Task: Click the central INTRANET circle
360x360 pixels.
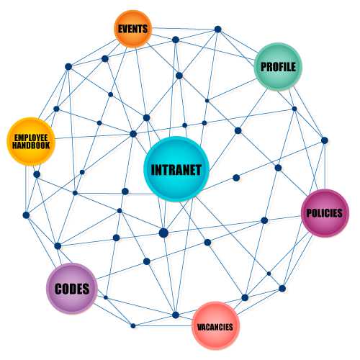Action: point(176,169)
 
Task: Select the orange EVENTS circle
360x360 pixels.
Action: point(132,29)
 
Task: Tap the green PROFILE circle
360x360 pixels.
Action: point(278,67)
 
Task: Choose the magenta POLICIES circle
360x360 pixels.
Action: point(325,213)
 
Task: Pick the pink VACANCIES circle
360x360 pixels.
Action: point(215,325)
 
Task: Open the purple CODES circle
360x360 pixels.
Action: point(72,289)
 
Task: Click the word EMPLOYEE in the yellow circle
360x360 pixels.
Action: point(31,138)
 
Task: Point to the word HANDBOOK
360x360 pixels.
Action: point(31,145)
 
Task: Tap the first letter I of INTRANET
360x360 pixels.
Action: point(153,170)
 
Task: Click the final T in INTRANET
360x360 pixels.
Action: point(198,170)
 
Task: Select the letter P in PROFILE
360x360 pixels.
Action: point(264,67)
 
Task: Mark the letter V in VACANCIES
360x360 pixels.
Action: point(199,327)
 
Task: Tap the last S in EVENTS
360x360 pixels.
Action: point(145,29)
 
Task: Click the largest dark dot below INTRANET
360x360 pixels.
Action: point(163,233)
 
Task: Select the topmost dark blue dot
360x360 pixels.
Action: point(217,30)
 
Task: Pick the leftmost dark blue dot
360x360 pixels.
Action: point(26,215)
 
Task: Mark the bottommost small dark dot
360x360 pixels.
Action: point(133,325)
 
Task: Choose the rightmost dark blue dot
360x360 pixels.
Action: point(325,140)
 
